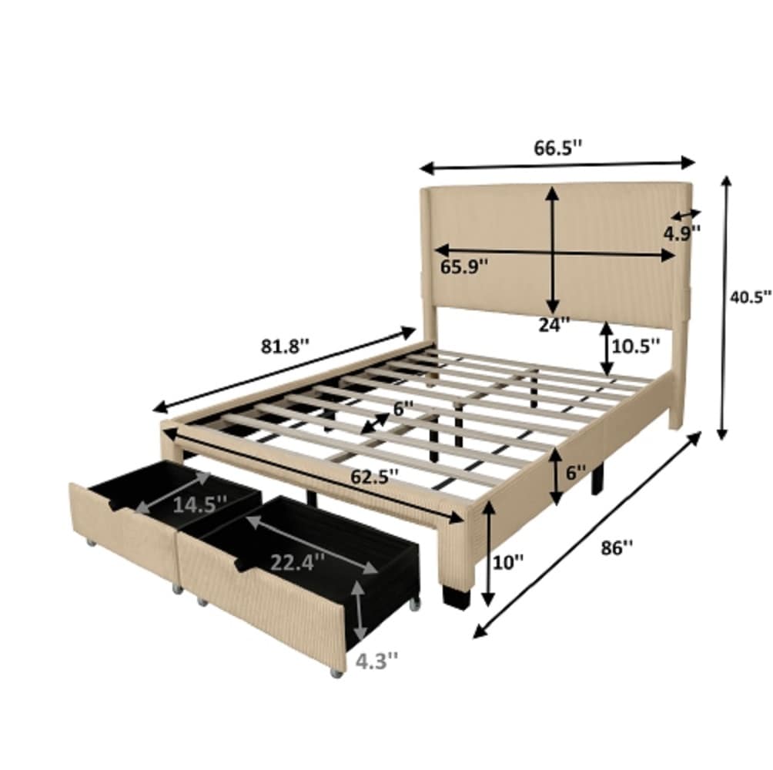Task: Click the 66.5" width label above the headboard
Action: [557, 149]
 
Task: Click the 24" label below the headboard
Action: [554, 324]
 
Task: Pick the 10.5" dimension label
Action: [636, 346]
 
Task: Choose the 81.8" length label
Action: [284, 346]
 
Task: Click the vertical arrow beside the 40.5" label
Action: [724, 308]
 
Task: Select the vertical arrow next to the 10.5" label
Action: [607, 348]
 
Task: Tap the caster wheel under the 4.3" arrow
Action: [336, 674]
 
